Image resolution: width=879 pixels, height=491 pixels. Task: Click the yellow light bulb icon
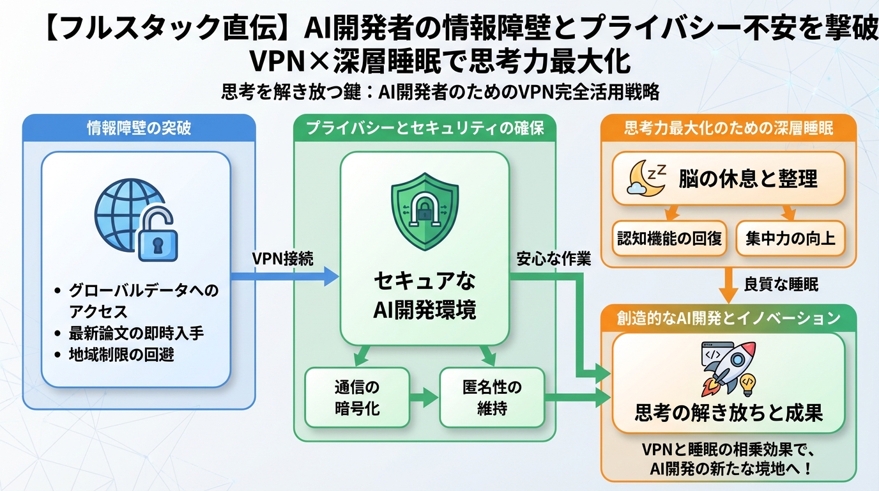747,382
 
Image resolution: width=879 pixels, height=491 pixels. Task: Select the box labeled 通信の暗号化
356,397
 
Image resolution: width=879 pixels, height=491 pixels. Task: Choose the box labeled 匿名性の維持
492,397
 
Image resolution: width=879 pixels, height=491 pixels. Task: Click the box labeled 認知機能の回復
669,238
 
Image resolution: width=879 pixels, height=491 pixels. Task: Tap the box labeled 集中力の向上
790,238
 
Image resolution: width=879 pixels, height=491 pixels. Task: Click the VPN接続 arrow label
282,259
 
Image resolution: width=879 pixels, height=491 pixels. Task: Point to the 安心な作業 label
553,259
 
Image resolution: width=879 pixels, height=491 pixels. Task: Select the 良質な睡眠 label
781,284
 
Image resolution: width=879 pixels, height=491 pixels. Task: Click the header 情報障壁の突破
139,128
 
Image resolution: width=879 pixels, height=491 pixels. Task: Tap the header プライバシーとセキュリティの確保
425,128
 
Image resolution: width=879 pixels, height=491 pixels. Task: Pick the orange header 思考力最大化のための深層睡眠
728,128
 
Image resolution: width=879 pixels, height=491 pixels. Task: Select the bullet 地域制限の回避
121,355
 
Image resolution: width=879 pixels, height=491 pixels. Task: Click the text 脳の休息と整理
747,178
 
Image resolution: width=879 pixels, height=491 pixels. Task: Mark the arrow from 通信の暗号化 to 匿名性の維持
424,397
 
